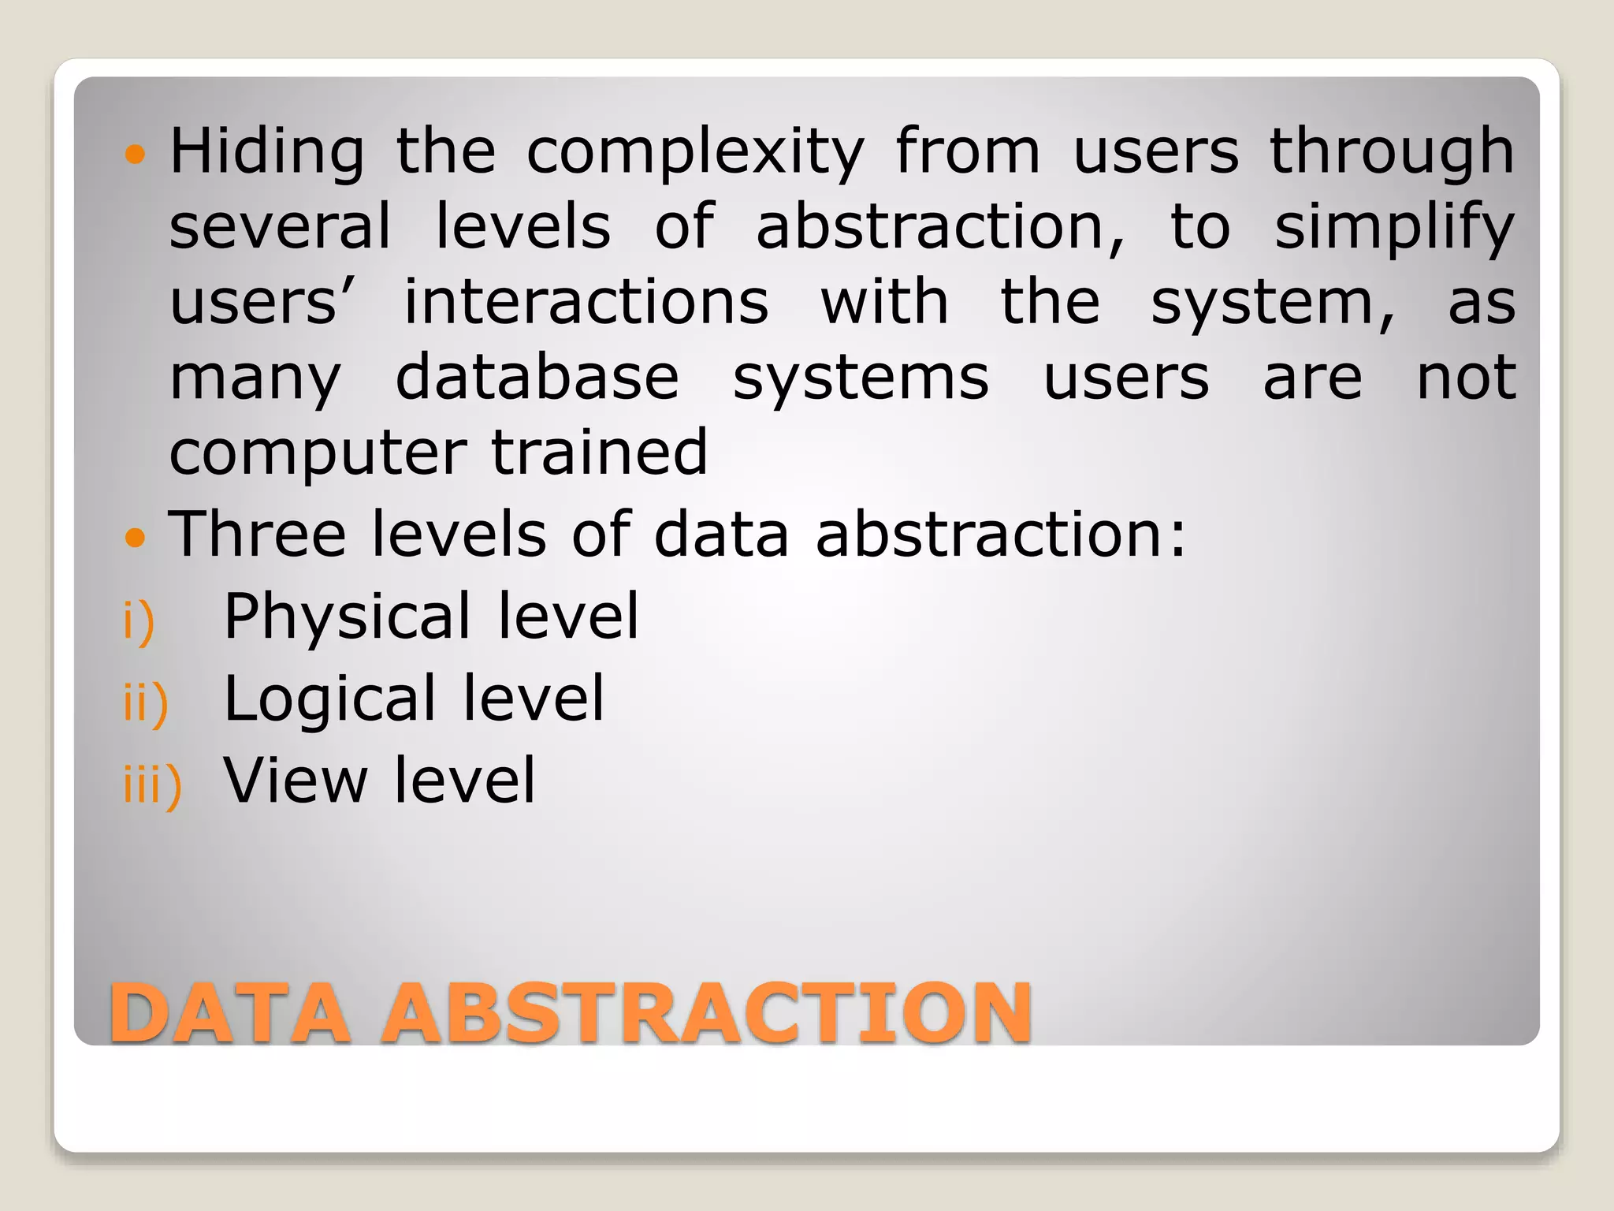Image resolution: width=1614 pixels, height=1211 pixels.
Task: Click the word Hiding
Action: [x=267, y=152]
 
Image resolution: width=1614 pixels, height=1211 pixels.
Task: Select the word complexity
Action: [x=695, y=152]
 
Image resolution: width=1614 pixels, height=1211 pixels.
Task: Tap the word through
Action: [x=1392, y=152]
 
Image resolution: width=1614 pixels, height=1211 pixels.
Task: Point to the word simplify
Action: [x=1394, y=228]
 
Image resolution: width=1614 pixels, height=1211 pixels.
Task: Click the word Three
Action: [x=257, y=534]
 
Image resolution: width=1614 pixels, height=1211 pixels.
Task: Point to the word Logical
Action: [x=330, y=700]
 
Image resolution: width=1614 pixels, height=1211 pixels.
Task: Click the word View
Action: [x=296, y=781]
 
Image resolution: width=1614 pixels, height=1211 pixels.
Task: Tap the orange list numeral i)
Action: [x=139, y=621]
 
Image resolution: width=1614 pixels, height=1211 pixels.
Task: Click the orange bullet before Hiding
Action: [x=136, y=153]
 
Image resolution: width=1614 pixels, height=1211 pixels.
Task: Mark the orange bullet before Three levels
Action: [x=136, y=538]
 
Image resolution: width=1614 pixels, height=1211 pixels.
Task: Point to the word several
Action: [x=280, y=227]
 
